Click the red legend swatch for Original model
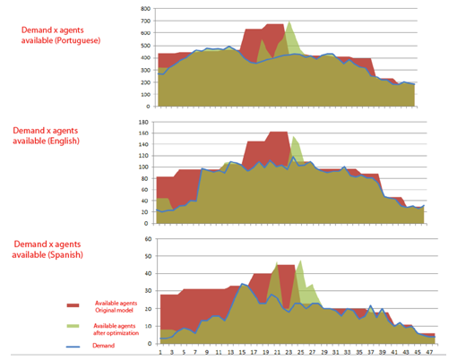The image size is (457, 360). (75, 304)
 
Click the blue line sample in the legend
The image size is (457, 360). (75, 343)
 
